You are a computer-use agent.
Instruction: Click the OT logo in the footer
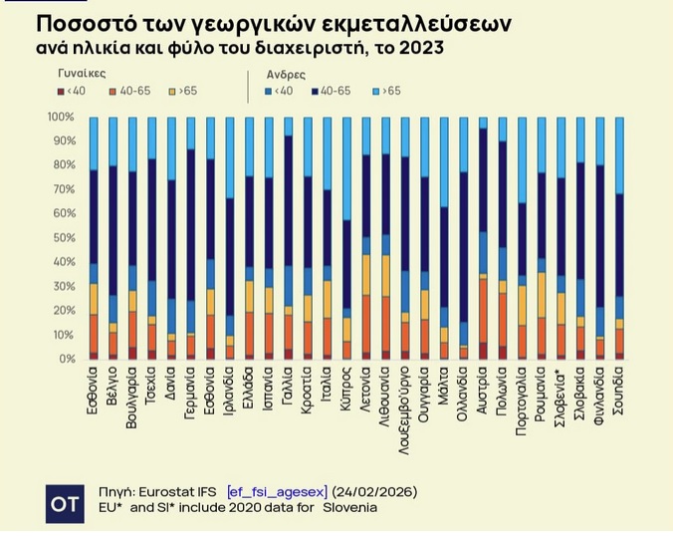click(65, 503)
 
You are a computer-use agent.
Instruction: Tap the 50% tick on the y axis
click(61, 237)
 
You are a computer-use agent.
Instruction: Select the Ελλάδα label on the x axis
click(249, 392)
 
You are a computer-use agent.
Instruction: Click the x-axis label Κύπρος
click(346, 392)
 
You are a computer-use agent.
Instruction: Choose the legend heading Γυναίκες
click(82, 74)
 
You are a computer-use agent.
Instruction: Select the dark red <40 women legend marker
click(62, 92)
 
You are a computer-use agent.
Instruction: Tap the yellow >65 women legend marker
click(173, 92)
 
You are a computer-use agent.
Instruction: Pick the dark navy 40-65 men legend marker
click(315, 92)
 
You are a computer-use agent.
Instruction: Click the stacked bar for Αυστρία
click(483, 239)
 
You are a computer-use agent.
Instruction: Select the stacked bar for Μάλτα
click(444, 239)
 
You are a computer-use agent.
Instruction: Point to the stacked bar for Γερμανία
click(190, 239)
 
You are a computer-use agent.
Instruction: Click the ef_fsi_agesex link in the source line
click(277, 492)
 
